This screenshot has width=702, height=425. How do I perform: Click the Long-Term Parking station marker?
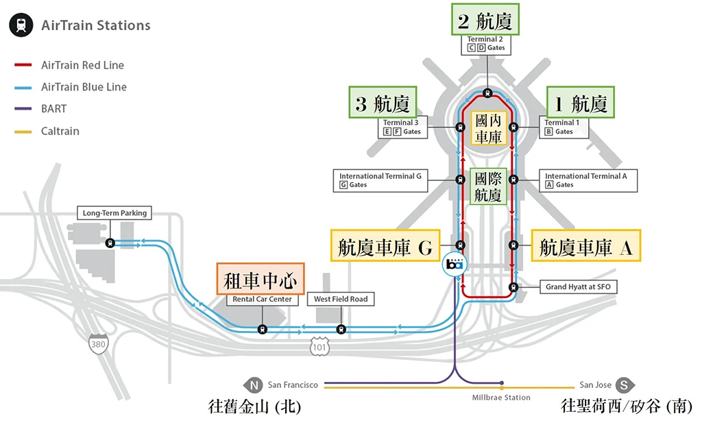coord(110,243)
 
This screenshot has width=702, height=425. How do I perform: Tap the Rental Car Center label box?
coord(262,299)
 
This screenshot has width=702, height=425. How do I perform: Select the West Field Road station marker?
coord(341,330)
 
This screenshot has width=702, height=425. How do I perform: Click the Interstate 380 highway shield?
coord(98,343)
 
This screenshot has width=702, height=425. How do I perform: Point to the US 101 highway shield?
coord(319,347)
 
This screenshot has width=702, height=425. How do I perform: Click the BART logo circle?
coord(455,264)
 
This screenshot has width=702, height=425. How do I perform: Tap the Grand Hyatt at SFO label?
coord(578,287)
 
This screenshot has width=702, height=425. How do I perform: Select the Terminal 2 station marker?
coord(487,93)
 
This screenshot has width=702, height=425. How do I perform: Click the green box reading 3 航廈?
coord(383,103)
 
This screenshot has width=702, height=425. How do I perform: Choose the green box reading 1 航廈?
coord(580,103)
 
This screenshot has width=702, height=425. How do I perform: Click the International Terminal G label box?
coord(380,180)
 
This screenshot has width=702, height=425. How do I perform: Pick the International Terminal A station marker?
coord(513,180)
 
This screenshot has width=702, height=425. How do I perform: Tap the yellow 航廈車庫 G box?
coord(385,245)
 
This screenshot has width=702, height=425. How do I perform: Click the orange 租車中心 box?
coord(261,279)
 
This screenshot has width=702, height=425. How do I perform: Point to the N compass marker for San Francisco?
coord(254,385)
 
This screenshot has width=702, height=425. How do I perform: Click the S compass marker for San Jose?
coord(625,385)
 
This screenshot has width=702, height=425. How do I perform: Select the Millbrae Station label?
coord(501,398)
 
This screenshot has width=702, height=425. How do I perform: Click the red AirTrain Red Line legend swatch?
coord(23,65)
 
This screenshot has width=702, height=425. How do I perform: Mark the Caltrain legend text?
coord(60,131)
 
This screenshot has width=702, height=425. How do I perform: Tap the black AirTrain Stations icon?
coord(21,25)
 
